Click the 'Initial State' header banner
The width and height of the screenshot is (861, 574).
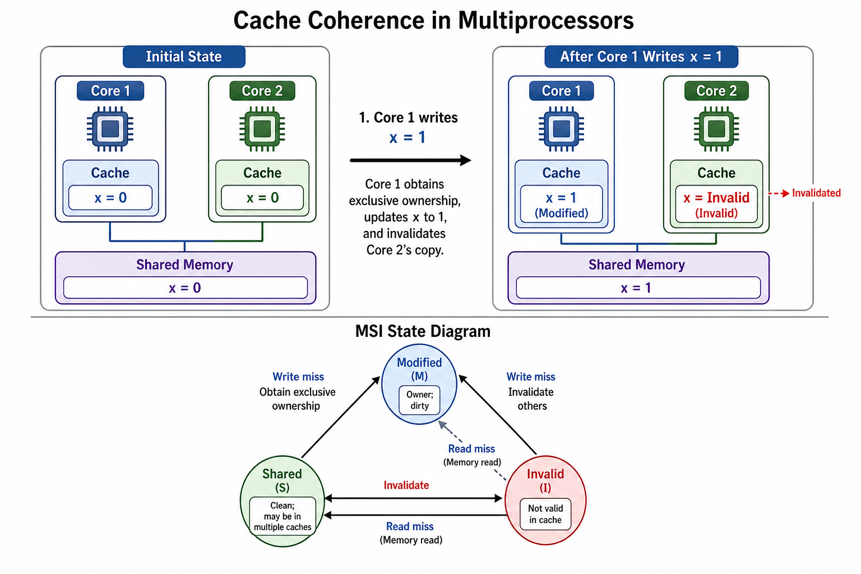[x=184, y=57]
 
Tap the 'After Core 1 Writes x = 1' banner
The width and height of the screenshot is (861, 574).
[x=641, y=57]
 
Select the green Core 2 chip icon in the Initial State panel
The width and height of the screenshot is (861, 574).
[x=262, y=129]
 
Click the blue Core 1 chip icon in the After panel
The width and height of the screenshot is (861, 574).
[x=561, y=129]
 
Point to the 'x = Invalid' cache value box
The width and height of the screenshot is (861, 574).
[x=716, y=204]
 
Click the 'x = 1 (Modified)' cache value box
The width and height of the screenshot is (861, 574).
[x=561, y=204]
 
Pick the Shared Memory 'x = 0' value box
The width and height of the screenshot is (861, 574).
[x=186, y=288]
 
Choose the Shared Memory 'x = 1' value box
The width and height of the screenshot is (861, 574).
[x=638, y=288]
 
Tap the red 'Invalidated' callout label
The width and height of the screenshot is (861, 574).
[x=816, y=193]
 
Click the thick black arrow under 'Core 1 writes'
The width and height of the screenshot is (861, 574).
[x=410, y=160]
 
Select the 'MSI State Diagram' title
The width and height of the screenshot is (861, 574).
[x=423, y=331]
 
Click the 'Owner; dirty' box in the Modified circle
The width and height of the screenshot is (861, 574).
[x=419, y=400]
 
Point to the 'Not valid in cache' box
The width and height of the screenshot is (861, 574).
[x=545, y=514]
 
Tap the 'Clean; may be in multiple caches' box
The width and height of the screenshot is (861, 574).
[x=283, y=516]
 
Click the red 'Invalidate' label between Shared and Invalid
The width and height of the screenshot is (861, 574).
[x=406, y=485]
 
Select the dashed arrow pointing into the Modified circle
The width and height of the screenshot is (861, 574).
[x=473, y=451]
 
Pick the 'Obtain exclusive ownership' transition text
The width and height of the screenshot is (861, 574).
[x=297, y=399]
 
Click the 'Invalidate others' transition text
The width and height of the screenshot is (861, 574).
[x=531, y=399]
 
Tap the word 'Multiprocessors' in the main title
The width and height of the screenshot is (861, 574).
[x=546, y=20]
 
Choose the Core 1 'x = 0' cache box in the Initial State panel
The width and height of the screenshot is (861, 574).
[x=110, y=198]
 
